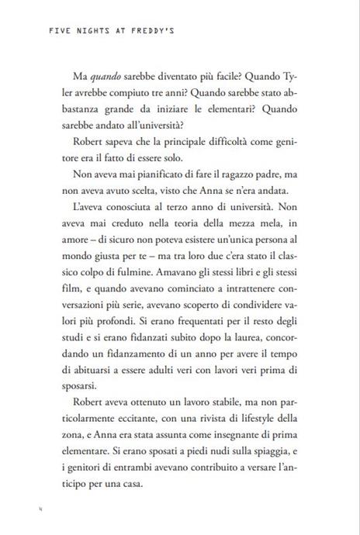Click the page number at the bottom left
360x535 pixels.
pos(39,509)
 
